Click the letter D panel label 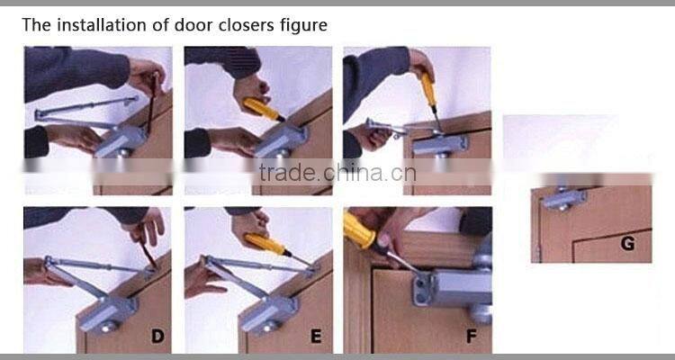pos(157,336)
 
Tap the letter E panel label pos(316,336)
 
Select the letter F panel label pos(472,336)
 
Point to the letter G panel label pos(627,244)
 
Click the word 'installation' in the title pos(101,25)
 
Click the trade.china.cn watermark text pos(337,173)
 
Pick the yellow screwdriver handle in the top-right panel pos(428,90)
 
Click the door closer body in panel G pos(565,200)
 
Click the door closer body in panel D pos(107,313)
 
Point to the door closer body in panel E pos(268,314)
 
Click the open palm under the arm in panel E pos(202,281)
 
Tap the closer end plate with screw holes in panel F pos(422,289)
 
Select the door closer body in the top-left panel pos(121,141)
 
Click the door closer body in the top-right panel pos(440,144)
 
